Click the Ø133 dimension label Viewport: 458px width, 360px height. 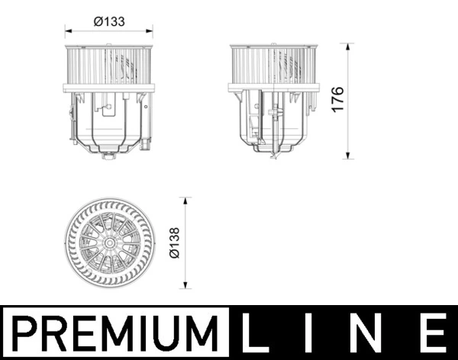coord(109,22)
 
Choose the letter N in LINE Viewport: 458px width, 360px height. coord(373,334)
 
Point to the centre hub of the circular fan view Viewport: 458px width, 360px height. coord(110,243)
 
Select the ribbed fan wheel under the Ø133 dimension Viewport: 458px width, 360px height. coord(108,67)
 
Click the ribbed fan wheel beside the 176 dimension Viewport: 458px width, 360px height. coord(273,67)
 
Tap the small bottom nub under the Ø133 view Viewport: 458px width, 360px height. coord(109,156)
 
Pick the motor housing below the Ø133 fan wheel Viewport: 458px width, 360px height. coord(108,121)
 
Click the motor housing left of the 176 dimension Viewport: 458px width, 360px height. coord(273,121)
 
